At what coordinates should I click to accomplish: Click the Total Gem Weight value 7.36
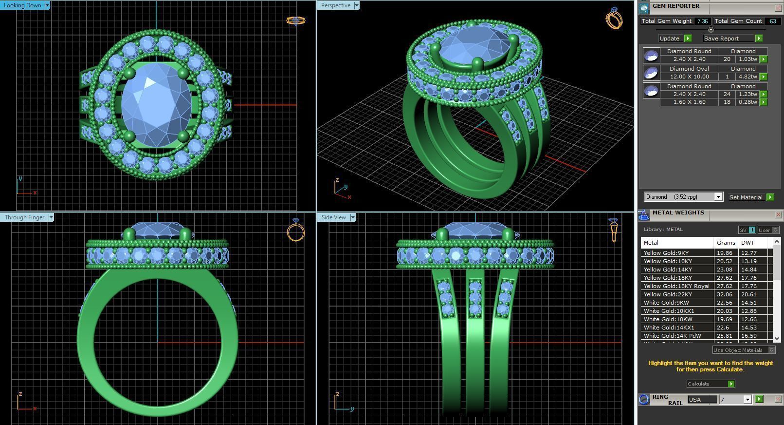point(702,21)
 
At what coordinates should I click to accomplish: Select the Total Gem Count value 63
point(772,21)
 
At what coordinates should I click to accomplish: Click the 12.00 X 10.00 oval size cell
point(689,77)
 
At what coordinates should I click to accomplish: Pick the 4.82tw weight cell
point(748,77)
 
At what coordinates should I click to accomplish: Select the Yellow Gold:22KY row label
point(668,294)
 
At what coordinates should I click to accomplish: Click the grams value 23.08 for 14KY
point(725,270)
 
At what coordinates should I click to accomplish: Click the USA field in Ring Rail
point(701,400)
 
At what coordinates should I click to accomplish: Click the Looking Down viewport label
point(22,5)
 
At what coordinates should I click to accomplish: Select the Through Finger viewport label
point(24,217)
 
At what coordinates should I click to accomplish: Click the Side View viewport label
point(334,217)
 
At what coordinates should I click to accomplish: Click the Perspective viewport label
point(336,5)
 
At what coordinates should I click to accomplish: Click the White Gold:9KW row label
point(666,303)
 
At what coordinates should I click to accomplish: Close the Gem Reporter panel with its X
point(778,8)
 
